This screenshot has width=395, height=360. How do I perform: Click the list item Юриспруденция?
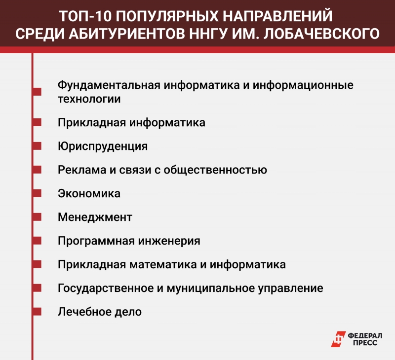(103, 146)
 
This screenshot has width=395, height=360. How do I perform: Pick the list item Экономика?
(89, 194)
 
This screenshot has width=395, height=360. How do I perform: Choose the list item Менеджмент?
(95, 217)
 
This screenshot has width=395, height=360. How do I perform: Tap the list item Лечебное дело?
(100, 312)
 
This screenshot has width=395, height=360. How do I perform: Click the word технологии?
(89, 99)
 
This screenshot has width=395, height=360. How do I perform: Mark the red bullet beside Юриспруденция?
(37, 146)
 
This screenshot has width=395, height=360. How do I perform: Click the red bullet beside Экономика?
(37, 194)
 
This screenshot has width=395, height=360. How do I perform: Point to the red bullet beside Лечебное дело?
(37, 312)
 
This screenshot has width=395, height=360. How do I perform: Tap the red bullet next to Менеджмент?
(37, 217)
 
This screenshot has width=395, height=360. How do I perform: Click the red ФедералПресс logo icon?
(339, 339)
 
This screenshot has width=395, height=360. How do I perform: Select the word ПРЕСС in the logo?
(363, 343)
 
